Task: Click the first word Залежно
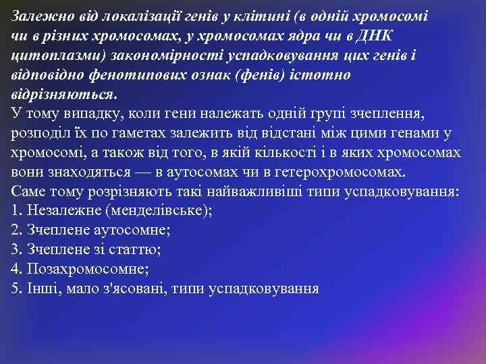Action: click(39, 16)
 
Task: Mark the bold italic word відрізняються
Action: click(63, 93)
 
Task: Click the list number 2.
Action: click(17, 231)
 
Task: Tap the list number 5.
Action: click(17, 289)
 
